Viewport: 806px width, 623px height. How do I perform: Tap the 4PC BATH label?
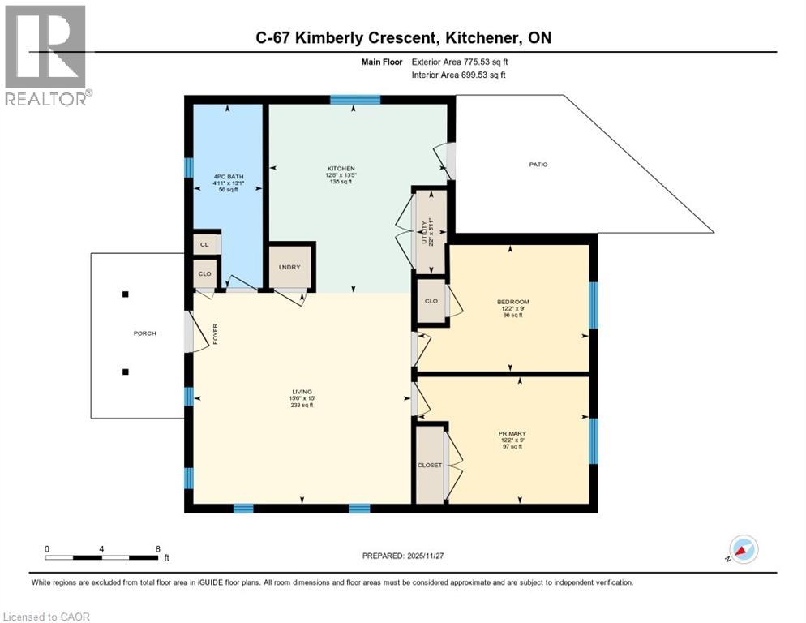click(229, 176)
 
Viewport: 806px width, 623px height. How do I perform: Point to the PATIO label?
click(538, 165)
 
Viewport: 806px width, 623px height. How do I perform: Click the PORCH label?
click(144, 333)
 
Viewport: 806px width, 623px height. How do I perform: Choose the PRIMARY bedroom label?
click(512, 433)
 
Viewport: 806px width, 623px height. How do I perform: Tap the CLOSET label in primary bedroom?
click(430, 465)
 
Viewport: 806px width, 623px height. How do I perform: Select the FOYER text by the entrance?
click(216, 334)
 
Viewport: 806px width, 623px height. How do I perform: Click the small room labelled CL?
click(204, 244)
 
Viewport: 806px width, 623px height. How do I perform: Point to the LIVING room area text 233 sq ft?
click(302, 406)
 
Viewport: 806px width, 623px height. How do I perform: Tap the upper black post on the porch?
click(125, 294)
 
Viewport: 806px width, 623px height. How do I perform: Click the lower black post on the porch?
click(125, 372)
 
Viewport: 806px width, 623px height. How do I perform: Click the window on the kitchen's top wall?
click(355, 100)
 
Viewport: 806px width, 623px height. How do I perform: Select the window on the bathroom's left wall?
click(188, 167)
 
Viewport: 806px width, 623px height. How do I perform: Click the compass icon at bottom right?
click(744, 549)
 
